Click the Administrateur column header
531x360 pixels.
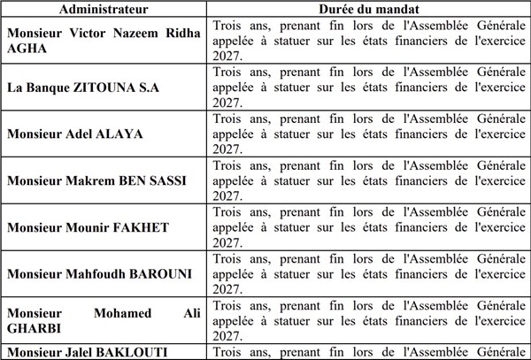point(104,9)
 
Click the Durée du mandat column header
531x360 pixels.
point(368,9)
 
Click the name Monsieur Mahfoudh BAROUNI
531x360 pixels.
point(99,273)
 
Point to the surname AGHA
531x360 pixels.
point(27,50)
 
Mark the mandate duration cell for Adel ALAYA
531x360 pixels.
point(368,134)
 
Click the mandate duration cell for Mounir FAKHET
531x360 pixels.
point(368,226)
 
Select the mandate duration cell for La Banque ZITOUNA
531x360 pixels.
point(368,88)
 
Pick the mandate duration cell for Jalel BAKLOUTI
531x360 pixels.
point(368,352)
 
